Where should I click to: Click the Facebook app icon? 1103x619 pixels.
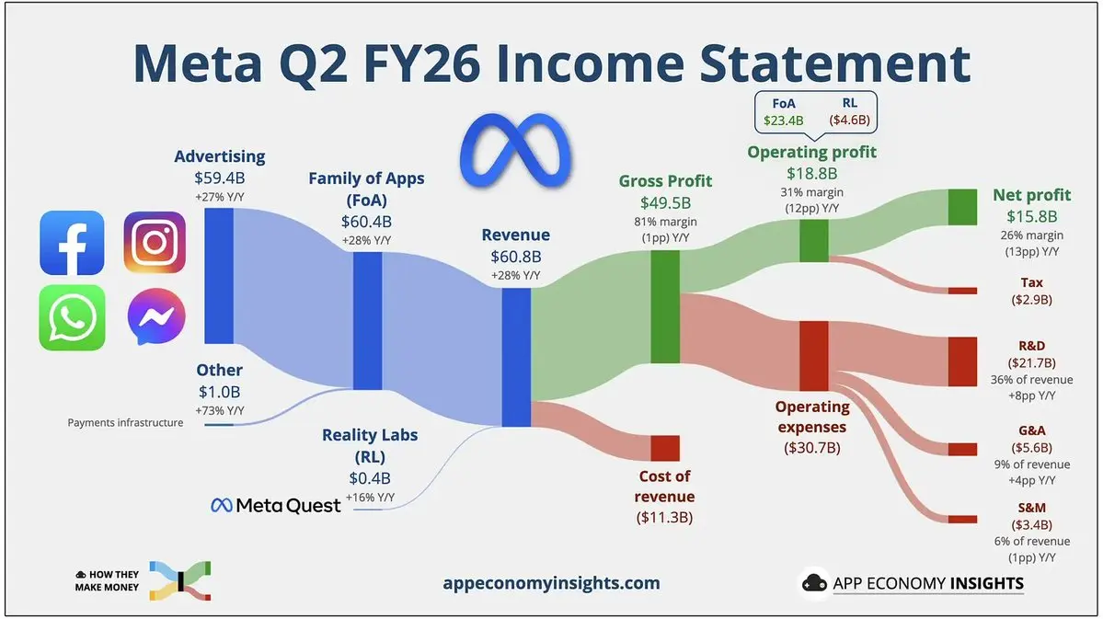(x=72, y=243)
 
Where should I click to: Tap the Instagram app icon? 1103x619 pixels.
(x=155, y=243)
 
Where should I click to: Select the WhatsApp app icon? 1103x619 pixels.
(x=72, y=317)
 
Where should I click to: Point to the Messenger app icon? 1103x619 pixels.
(x=156, y=316)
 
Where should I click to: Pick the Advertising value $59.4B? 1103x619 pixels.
(x=220, y=178)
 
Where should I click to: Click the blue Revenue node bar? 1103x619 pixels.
(x=516, y=358)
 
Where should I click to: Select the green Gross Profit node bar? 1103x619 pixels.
(x=665, y=306)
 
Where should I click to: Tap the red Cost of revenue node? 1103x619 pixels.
(x=665, y=448)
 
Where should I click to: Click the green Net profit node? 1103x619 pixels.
(x=962, y=207)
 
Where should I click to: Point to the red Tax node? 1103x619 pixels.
(x=962, y=291)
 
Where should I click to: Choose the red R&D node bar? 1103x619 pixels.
(x=962, y=361)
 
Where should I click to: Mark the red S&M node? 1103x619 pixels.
(x=962, y=519)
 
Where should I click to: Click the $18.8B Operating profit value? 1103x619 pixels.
(x=811, y=173)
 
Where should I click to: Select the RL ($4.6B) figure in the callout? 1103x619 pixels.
(x=850, y=112)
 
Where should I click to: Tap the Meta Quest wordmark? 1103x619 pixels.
(x=276, y=505)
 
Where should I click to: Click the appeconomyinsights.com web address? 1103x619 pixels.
(x=552, y=583)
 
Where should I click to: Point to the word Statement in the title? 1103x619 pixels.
(x=835, y=63)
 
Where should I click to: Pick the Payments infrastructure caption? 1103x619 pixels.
(x=125, y=423)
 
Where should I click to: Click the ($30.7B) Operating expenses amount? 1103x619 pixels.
(x=811, y=447)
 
